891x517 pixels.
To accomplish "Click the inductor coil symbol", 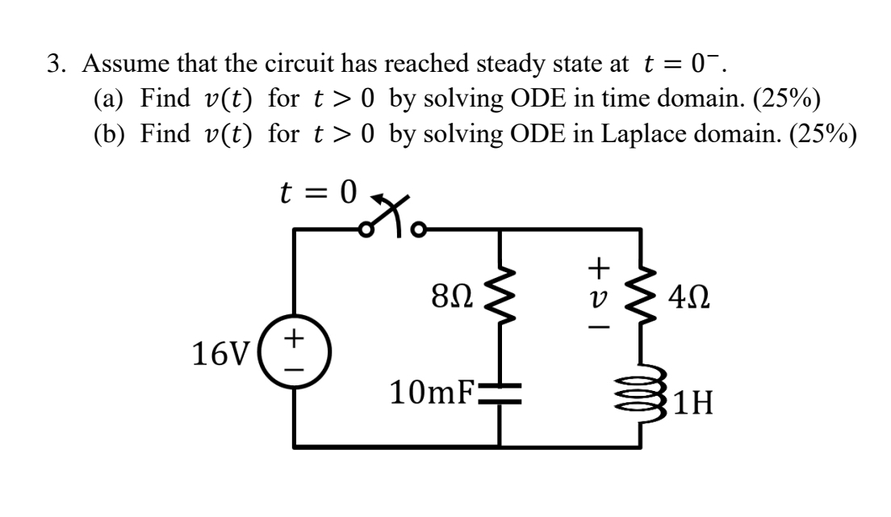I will pyautogui.click(x=642, y=398).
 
